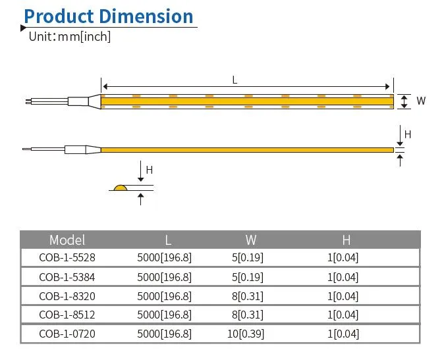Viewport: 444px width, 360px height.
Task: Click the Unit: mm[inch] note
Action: [70, 37]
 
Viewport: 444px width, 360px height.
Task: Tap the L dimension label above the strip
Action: [235, 80]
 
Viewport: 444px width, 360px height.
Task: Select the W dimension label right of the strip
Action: [421, 101]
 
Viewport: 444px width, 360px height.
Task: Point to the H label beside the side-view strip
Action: [407, 134]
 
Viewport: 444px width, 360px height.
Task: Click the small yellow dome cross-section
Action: [120, 188]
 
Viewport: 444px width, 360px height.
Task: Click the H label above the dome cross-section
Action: [150, 170]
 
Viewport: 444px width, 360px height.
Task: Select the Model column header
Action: [67, 240]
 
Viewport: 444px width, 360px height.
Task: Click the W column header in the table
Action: [250, 240]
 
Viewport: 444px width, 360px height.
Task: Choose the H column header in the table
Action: [346, 240]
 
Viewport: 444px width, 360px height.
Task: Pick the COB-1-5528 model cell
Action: [67, 258]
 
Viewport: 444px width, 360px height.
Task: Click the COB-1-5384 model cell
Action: [67, 277]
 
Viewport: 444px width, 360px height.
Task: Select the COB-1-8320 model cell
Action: [67, 296]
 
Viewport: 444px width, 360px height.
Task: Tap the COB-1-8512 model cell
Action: [67, 315]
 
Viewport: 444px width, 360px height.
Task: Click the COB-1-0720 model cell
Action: [67, 334]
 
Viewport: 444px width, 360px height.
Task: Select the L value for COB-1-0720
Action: [164, 334]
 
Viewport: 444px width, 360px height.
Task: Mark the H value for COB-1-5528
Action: [343, 258]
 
